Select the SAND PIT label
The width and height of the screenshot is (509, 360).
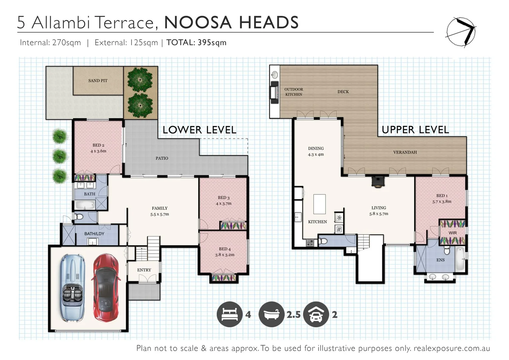tap(98, 81)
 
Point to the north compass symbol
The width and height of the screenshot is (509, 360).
tap(461, 32)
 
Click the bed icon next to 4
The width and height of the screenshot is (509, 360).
tap(229, 314)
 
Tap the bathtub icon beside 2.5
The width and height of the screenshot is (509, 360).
tap(271, 314)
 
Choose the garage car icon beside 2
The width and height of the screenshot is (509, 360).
tap(316, 314)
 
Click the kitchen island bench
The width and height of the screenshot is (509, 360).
tap(319, 204)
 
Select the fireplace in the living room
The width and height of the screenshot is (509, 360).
tap(378, 182)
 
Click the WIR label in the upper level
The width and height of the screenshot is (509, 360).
tap(452, 233)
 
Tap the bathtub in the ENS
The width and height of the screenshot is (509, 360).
tap(460, 259)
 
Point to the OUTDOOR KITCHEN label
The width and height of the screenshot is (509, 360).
tap(294, 92)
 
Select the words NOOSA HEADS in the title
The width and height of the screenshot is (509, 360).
tap(231, 23)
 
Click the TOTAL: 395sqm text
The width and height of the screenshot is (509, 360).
tap(196, 43)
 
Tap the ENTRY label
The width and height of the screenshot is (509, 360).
tap(144, 270)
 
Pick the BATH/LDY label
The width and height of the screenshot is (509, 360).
tap(94, 234)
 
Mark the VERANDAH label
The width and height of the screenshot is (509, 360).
tap(405, 152)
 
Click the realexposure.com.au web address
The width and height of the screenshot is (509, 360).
tap(452, 348)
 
